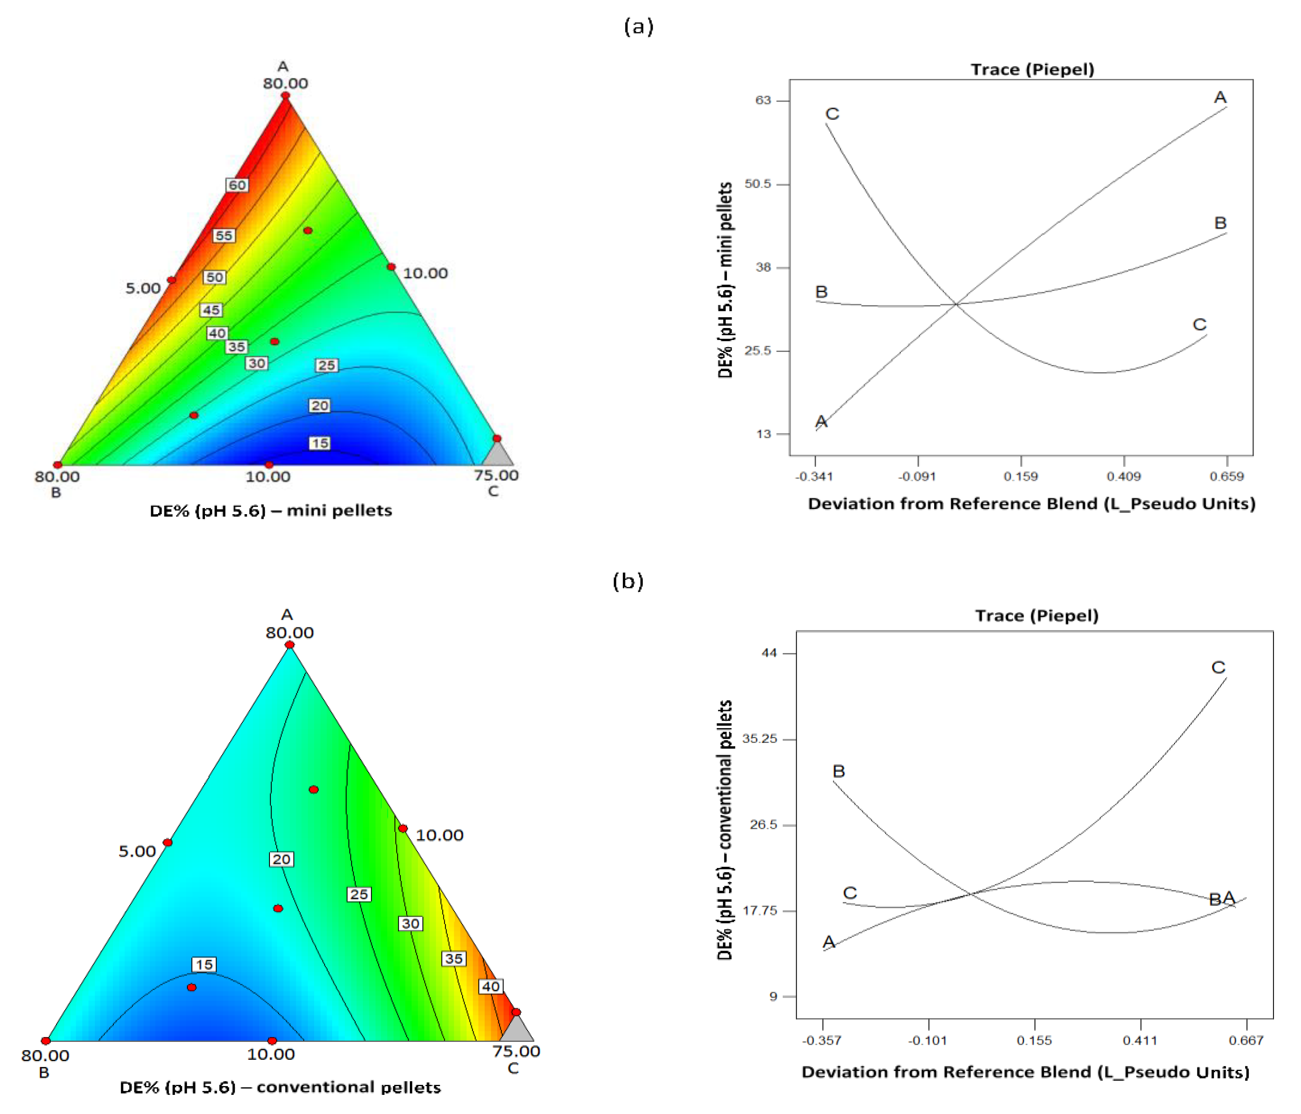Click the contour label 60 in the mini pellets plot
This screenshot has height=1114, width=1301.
[x=237, y=185]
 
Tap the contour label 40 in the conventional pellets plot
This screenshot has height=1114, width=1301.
[x=490, y=986]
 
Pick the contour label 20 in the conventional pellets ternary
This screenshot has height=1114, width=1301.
[x=281, y=859]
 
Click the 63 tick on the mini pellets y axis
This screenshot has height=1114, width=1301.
[x=763, y=100]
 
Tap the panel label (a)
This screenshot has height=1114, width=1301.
[x=639, y=26]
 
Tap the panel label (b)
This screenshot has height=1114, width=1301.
[x=628, y=581]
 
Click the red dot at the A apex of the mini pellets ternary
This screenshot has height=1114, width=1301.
[x=286, y=95]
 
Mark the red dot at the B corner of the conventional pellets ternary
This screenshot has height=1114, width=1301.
[x=46, y=1041]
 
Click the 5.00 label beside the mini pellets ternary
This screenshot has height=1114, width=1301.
[x=143, y=288]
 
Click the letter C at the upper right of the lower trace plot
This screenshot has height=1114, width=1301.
[x=1218, y=667]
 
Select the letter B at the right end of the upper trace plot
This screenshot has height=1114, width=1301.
[x=1220, y=223]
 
